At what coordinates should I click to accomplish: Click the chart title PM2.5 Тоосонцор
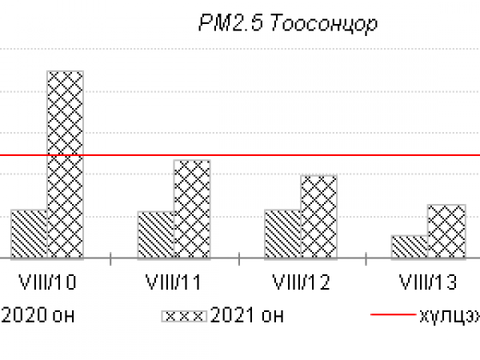coord(287,23)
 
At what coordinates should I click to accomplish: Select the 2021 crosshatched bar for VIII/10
coord(65,164)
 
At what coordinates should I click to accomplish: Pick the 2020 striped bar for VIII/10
coord(29,234)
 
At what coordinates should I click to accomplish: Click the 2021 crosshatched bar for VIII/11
coord(192,209)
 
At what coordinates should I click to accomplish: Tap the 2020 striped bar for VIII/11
coord(156,234)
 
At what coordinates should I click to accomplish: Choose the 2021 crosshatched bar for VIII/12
coord(318,216)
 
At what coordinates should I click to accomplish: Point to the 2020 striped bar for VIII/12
coord(282,234)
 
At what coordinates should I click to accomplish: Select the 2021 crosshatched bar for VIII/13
coord(446,231)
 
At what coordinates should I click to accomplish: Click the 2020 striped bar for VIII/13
coord(410,246)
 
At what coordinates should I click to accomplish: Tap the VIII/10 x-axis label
coord(46,283)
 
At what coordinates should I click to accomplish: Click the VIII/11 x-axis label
coord(174,283)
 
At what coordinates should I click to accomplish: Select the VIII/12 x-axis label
coord(301,283)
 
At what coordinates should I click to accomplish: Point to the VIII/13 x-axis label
coord(427,283)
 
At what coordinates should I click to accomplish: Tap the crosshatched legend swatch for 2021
coord(184,315)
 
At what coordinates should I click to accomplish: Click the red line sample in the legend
coord(393,315)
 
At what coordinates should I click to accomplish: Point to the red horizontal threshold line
coord(240,155)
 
